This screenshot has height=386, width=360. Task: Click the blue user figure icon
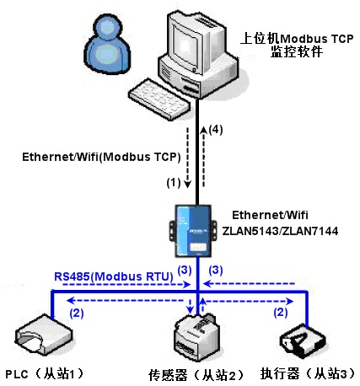(x=108, y=44)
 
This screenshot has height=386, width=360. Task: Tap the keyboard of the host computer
(x=159, y=99)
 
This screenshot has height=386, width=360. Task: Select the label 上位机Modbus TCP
(x=297, y=39)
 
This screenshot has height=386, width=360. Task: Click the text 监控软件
(x=297, y=51)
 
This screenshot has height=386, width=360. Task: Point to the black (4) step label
(x=216, y=130)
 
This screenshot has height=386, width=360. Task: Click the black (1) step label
(x=174, y=183)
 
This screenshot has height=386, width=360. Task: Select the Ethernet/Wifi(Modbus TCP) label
(x=101, y=157)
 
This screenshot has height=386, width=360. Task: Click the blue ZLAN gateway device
(x=193, y=231)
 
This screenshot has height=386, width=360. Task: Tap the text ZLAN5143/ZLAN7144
(x=280, y=231)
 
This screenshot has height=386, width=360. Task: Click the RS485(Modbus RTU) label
(x=114, y=276)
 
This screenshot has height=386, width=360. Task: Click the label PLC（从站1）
(x=45, y=373)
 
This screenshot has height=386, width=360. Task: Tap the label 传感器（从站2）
(x=196, y=375)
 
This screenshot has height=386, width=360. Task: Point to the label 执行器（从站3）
(x=308, y=373)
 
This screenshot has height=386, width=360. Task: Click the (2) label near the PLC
(x=77, y=313)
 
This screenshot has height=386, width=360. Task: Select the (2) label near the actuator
(x=281, y=312)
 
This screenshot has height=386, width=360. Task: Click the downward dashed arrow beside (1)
(x=187, y=158)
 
